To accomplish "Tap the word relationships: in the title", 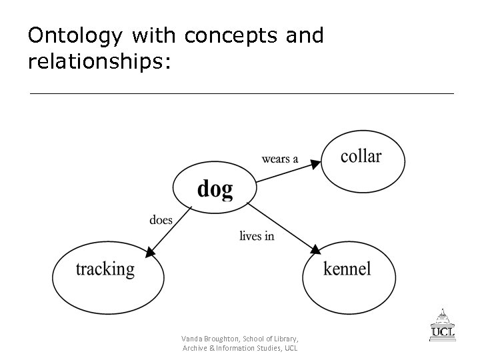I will [x=99, y=63].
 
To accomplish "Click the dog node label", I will [x=215, y=189].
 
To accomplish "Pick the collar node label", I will [x=361, y=157].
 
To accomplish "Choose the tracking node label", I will [x=105, y=269].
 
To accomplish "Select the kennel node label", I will [x=347, y=269].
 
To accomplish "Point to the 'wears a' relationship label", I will [x=280, y=159].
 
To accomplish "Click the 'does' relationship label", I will [x=161, y=220].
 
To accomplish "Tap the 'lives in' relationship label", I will [x=257, y=235].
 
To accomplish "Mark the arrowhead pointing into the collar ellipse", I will [x=316, y=162].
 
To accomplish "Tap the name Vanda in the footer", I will [x=193, y=339].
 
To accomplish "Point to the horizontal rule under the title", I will [x=241, y=94].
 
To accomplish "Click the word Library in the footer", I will [x=285, y=339].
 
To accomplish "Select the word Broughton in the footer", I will [x=224, y=339].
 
